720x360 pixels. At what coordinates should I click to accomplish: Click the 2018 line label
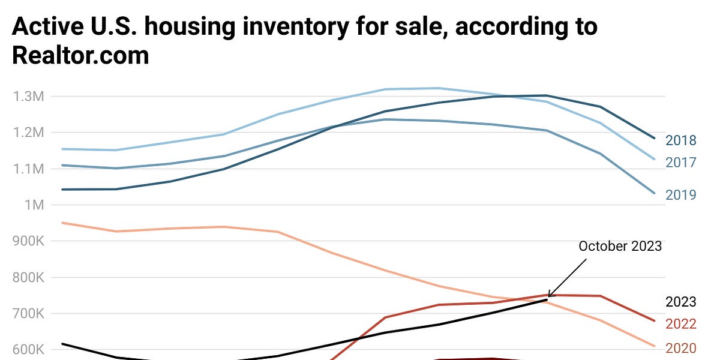click(681, 141)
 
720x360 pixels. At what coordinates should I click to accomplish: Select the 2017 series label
click(681, 163)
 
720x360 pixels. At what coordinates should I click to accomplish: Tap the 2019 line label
click(681, 195)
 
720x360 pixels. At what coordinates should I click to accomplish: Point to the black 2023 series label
click(681, 302)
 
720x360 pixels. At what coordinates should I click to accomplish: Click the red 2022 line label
click(681, 324)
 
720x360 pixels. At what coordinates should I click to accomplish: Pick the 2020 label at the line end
click(681, 349)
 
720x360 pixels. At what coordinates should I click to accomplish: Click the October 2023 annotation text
click(620, 246)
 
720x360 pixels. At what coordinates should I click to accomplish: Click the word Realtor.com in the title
click(80, 56)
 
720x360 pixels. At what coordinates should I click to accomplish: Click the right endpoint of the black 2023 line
click(547, 299)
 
